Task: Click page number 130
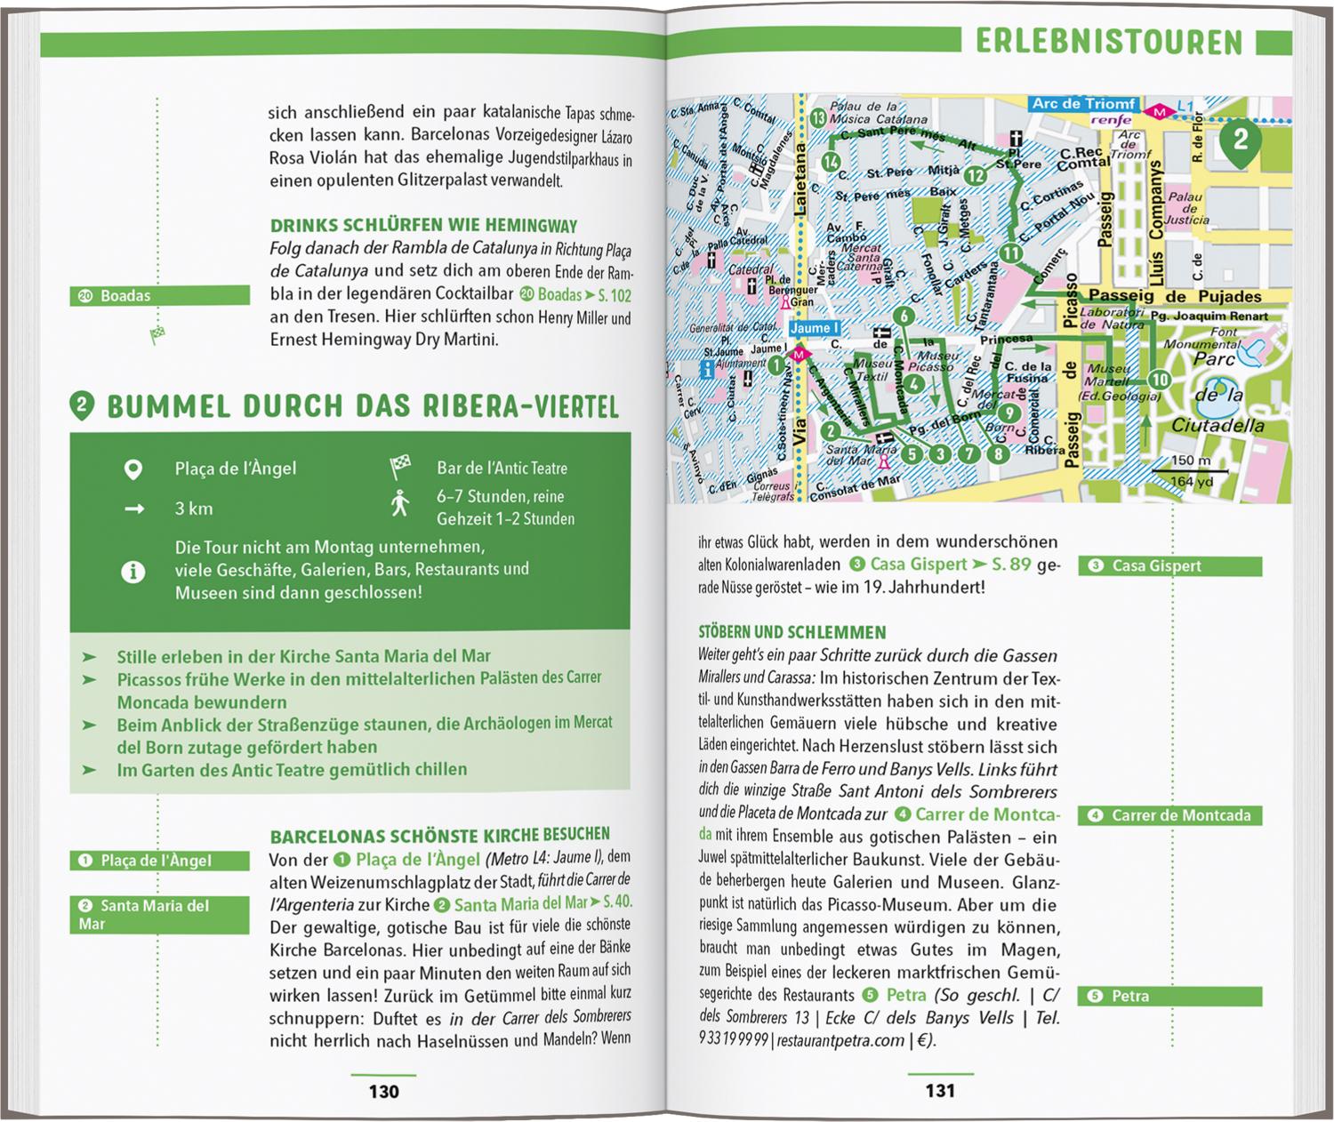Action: click(x=383, y=1091)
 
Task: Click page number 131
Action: click(x=940, y=1091)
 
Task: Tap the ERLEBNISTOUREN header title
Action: click(x=1108, y=42)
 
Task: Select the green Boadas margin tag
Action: click(x=159, y=295)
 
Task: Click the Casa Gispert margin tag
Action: click(x=1169, y=565)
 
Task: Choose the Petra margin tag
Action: click(x=1169, y=996)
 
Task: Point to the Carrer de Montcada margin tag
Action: click(x=1169, y=815)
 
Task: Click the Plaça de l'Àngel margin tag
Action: click(x=159, y=861)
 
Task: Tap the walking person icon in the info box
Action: click(x=400, y=503)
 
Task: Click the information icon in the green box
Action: click(x=133, y=572)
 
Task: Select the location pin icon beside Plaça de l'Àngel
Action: click(x=133, y=469)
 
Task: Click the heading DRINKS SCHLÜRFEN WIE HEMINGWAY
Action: click(x=423, y=226)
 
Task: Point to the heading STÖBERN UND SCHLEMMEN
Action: click(x=792, y=632)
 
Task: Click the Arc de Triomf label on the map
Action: click(x=1082, y=104)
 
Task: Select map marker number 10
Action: click(x=1157, y=381)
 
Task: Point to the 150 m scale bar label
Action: click(x=1191, y=461)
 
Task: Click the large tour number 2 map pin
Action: click(x=1240, y=140)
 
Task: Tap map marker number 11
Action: click(x=1010, y=253)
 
